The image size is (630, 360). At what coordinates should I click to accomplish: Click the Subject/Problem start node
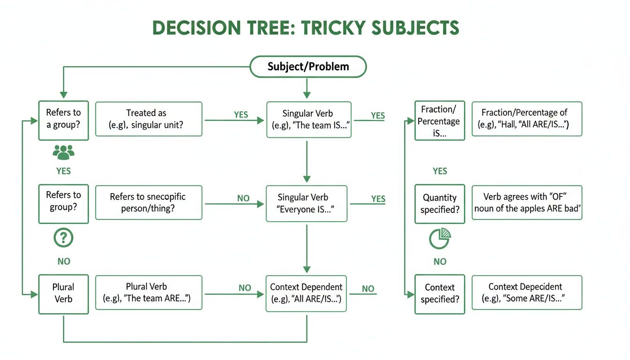pos(308,67)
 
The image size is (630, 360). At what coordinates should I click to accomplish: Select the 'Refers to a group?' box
pos(63,120)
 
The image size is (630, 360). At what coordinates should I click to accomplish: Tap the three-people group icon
pos(64,152)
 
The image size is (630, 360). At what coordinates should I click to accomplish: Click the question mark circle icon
pos(64,239)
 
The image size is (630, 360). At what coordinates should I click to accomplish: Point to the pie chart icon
pos(440,239)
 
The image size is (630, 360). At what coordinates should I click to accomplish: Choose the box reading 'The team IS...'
pos(308,120)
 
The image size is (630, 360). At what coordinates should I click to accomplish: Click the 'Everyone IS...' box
pos(307,204)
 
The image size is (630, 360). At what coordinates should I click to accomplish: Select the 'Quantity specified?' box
pos(440,204)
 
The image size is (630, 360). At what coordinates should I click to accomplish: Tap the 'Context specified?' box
pos(440,294)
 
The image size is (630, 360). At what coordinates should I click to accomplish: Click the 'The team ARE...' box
pos(149,292)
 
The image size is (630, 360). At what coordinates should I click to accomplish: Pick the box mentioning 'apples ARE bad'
pos(526,202)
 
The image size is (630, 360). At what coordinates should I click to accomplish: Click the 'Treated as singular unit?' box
pos(149,120)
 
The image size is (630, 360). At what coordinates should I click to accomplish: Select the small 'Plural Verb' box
pos(63,294)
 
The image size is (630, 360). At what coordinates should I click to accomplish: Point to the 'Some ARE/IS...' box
pos(526,292)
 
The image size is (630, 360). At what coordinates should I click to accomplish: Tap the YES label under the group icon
pos(64,171)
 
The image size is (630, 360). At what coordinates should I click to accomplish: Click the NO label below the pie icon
pos(440,262)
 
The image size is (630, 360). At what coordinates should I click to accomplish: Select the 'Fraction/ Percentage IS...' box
pos(440,121)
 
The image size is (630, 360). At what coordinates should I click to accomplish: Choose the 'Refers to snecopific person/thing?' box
pos(149,202)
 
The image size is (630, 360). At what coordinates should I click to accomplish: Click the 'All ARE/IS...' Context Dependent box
pos(307,294)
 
